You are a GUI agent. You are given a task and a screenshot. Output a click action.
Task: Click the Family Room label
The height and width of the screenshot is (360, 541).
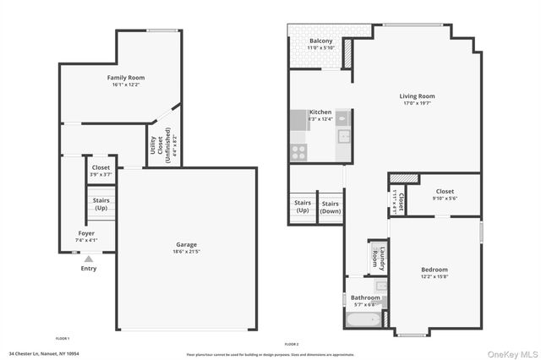pos(126,78)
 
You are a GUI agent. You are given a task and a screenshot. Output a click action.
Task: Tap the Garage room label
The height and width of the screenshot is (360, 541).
pos(186,245)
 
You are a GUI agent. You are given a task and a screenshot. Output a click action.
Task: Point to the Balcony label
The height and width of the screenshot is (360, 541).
pos(320,41)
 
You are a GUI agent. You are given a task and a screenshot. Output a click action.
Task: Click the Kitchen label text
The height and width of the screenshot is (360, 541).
pos(320,112)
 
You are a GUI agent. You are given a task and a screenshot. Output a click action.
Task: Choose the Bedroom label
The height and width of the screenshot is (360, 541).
pos(434,270)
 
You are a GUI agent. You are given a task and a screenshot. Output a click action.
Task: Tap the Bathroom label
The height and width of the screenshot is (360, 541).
pos(366,297)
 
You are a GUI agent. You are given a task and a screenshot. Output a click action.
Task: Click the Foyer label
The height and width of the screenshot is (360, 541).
pos(86,233)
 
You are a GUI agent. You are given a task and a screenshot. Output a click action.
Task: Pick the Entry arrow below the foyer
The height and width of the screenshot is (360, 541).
pos(89,259)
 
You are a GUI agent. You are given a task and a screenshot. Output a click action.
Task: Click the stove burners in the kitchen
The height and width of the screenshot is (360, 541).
pos(298,152)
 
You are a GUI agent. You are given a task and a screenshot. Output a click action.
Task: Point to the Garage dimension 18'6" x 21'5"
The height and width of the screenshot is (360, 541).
pos(186,252)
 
